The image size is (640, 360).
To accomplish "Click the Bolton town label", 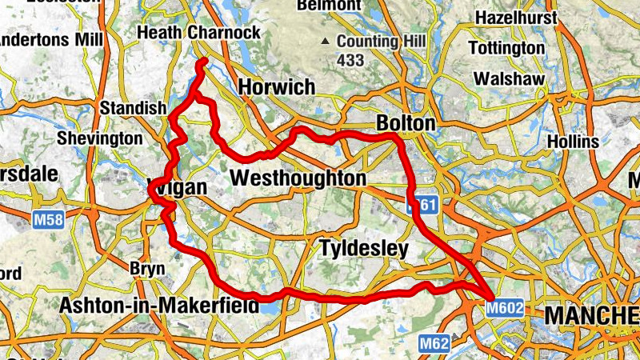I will pyautogui.click(x=406, y=124).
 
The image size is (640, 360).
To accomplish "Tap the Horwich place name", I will pyautogui.click(x=273, y=86).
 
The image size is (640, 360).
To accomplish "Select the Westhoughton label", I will pyautogui.click(x=298, y=178).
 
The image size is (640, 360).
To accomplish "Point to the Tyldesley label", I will pyautogui.click(x=363, y=249).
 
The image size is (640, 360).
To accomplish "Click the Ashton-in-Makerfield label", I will pyautogui.click(x=160, y=305).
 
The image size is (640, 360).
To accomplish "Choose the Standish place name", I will pyautogui.click(x=133, y=108).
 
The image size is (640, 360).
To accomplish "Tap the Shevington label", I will pyautogui.click(x=100, y=138).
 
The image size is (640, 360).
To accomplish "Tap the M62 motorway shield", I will pyautogui.click(x=434, y=344).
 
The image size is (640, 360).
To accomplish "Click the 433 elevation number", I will pyautogui.click(x=350, y=60).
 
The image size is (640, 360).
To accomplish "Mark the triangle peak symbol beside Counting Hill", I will pyautogui.click(x=325, y=41).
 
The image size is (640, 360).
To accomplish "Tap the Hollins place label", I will pyautogui.click(x=573, y=142).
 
